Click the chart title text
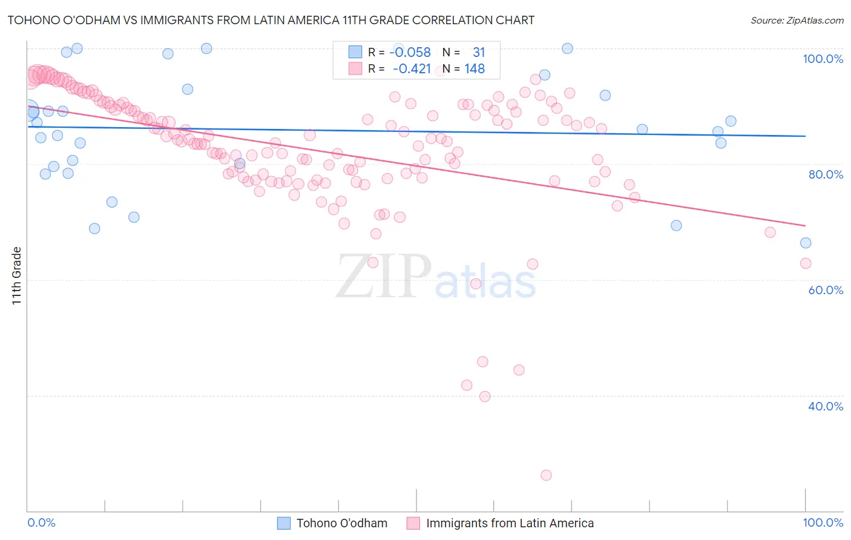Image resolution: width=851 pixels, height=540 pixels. pos(271,20)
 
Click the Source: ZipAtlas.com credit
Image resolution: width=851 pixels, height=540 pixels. pos(797,20)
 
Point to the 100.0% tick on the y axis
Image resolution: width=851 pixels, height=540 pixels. pos(823,59)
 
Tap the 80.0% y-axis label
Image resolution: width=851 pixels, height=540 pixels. pos(826,174)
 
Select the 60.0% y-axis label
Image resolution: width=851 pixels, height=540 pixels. pos(826,290)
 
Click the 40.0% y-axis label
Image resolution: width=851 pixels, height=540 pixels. pos(826,406)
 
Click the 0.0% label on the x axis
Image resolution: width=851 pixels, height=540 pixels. pos(41,522)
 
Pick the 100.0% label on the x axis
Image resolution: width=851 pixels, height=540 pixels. pos(823,522)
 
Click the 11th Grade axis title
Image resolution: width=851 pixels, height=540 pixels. pos(17,275)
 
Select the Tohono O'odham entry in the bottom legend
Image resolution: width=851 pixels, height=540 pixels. pos(341,523)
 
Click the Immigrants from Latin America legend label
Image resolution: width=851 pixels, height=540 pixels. pos(510,523)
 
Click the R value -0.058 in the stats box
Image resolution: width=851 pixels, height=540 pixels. pos(410,53)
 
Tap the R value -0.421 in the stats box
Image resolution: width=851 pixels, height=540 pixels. pos(412,69)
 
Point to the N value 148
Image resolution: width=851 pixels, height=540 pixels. pos(475,69)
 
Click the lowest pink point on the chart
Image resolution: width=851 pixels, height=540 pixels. pos(546,475)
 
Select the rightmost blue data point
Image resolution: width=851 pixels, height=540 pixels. pos(806,243)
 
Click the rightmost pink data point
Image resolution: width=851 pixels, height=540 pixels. pos(806,263)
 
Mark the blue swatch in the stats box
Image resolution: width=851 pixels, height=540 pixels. pos(355,53)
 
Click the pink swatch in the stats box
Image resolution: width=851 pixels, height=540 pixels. pos(355,69)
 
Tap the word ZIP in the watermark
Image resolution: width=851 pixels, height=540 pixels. pos(383,277)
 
